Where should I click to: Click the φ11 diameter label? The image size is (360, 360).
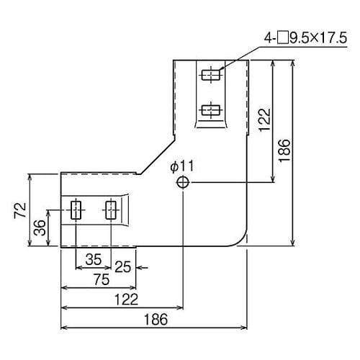(x=181, y=166)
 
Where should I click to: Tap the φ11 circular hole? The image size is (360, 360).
(x=182, y=183)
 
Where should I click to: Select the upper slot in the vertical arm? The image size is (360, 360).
(x=210, y=74)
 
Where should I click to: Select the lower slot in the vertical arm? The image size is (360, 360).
(x=210, y=110)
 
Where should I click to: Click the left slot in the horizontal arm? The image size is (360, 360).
(x=76, y=210)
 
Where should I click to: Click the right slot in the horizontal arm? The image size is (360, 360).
(x=111, y=210)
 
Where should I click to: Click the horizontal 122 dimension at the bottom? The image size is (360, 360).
(x=122, y=298)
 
